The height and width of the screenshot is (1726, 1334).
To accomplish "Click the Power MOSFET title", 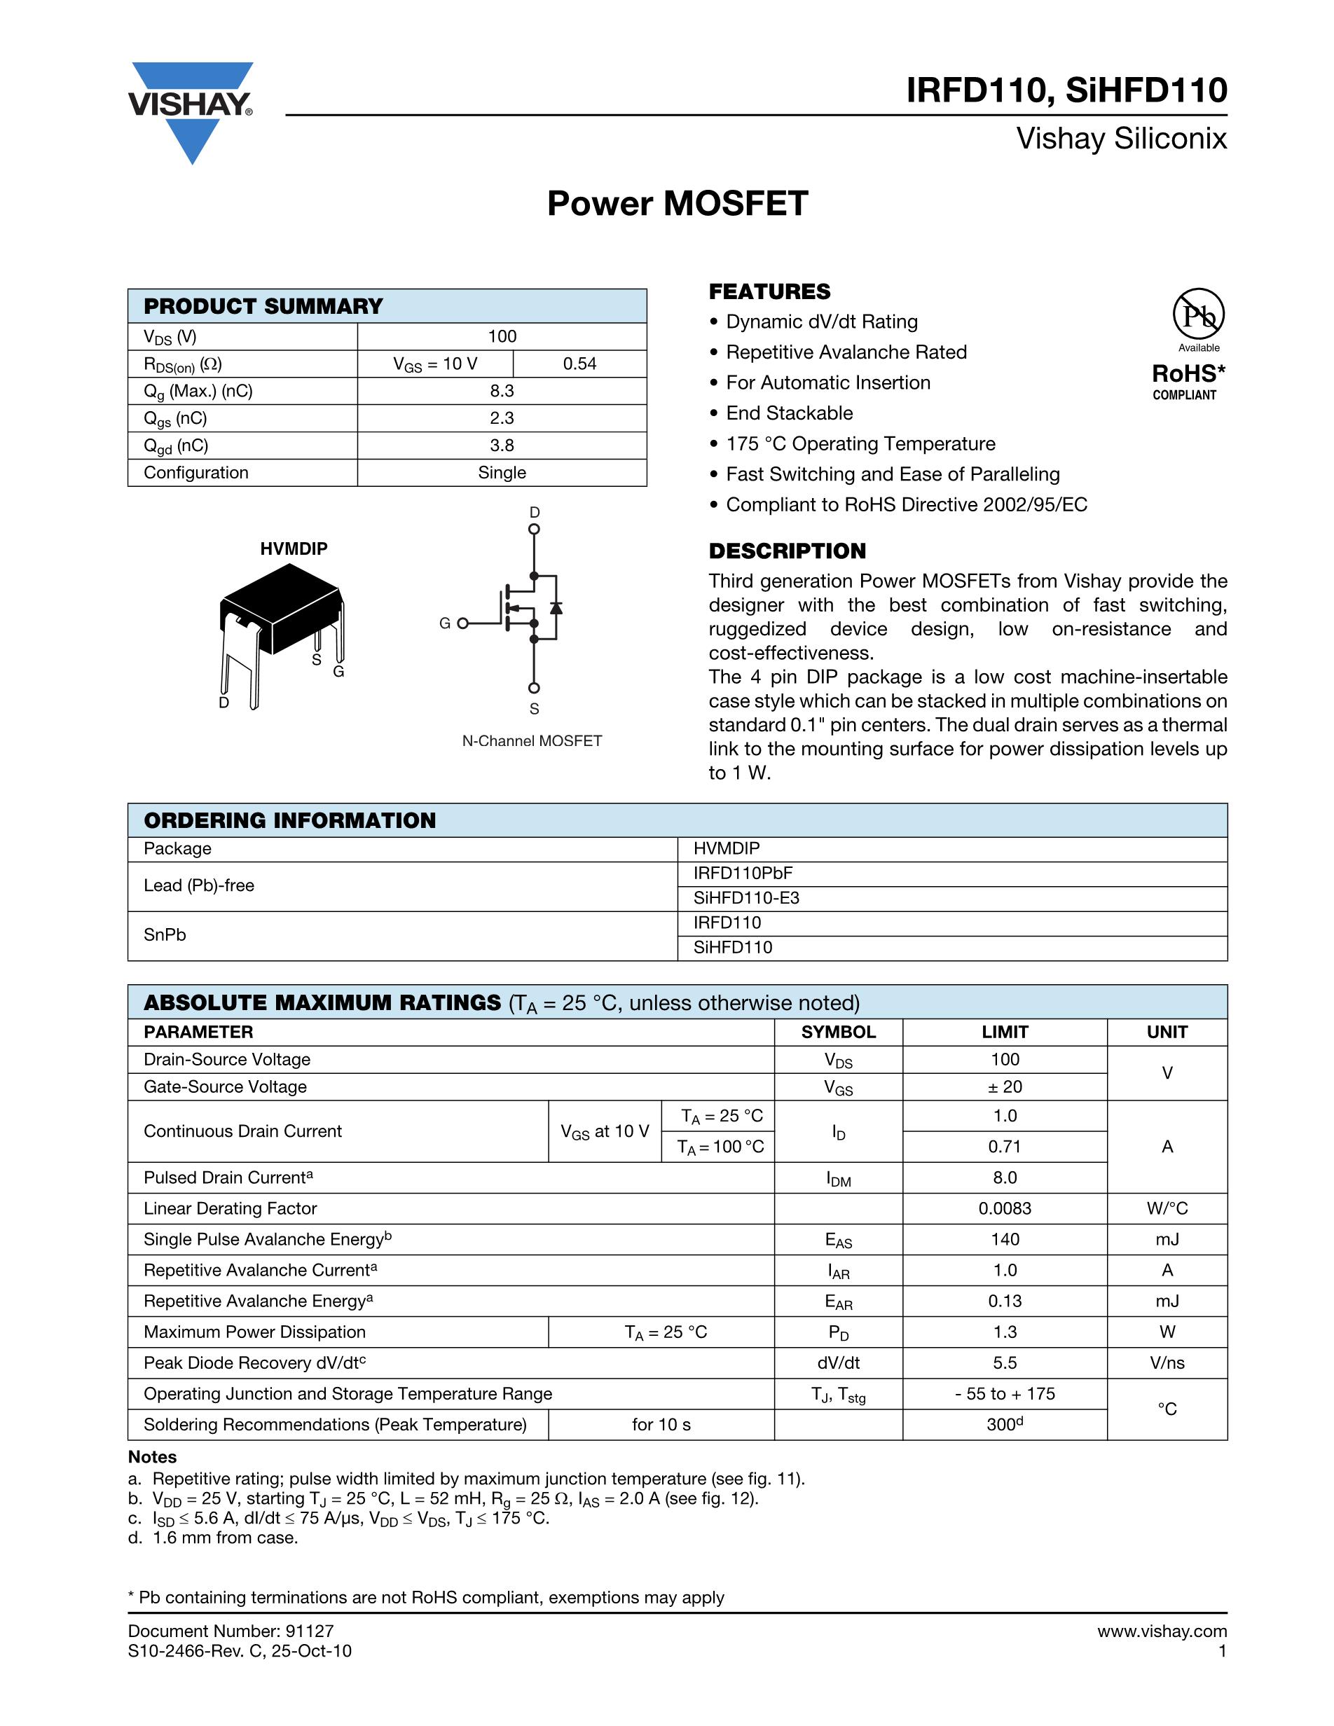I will point(678,203).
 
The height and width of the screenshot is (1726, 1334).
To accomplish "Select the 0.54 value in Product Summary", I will point(579,364).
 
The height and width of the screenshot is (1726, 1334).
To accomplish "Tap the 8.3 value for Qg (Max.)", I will point(502,391).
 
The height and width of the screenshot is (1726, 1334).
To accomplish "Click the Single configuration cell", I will point(502,473).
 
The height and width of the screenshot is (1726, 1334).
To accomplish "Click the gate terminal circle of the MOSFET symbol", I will point(462,623).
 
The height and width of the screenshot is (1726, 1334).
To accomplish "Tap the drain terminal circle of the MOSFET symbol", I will point(535,530).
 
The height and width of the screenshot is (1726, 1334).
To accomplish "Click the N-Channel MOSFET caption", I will point(532,740).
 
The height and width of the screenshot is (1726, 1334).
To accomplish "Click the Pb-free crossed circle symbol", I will point(1198,315).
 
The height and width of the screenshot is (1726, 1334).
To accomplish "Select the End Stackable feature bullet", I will point(789,413).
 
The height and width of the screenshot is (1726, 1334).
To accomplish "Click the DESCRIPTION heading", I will point(787,551).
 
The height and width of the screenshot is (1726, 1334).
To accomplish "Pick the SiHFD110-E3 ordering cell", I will point(746,898).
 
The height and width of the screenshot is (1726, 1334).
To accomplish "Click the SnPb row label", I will point(165,935).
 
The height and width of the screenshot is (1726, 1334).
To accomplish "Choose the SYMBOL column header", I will point(838,1032).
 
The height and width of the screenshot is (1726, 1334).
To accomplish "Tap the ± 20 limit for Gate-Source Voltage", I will point(1005,1086).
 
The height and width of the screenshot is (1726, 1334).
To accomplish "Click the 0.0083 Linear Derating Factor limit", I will point(1005,1208).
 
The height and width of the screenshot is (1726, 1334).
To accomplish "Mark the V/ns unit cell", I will point(1167,1362).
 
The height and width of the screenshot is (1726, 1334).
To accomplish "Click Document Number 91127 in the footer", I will point(231,1631).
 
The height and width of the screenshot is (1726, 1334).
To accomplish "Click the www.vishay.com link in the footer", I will point(1162,1631).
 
